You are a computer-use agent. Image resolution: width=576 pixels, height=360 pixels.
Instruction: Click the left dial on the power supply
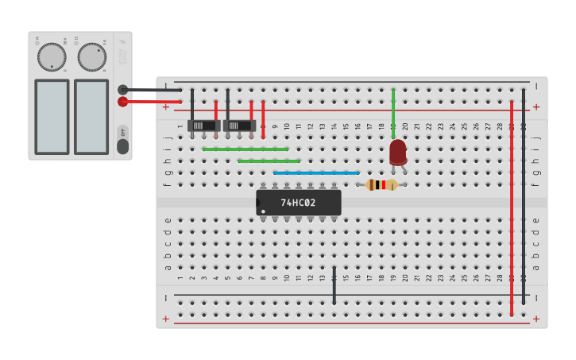(x=52, y=56)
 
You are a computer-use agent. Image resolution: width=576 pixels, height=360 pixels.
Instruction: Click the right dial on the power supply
(x=91, y=56)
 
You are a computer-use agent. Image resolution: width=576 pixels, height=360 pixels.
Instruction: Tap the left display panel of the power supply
(x=52, y=116)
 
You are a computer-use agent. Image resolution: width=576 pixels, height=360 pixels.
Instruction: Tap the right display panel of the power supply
(x=91, y=116)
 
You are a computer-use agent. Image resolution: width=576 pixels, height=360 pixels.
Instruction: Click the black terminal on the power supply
(x=122, y=90)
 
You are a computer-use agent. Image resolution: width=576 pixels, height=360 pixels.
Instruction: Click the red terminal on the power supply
(x=122, y=102)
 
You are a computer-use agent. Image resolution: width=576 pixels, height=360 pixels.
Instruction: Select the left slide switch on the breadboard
(x=204, y=126)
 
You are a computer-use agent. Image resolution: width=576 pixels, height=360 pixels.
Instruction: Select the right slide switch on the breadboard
(x=239, y=126)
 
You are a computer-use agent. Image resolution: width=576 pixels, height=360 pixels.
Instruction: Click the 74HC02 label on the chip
(x=298, y=203)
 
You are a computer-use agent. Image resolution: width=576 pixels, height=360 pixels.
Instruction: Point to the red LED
(x=398, y=151)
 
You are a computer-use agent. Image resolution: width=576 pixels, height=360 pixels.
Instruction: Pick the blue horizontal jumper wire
(x=316, y=172)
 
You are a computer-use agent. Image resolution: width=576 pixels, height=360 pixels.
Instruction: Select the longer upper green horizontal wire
(x=245, y=149)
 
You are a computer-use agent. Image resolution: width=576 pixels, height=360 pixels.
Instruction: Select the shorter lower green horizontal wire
(x=269, y=161)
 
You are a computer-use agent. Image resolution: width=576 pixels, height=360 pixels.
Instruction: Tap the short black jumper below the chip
(x=334, y=285)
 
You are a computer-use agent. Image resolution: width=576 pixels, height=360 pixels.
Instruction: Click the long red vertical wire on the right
(x=512, y=207)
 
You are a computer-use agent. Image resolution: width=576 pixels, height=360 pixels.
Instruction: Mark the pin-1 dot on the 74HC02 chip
(x=264, y=211)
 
